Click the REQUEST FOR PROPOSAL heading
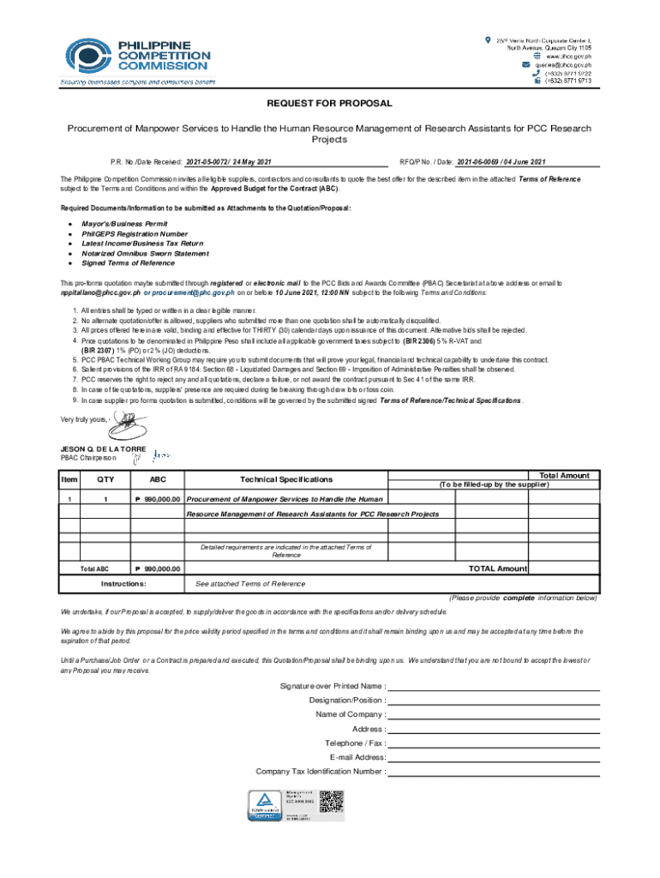pos(329,104)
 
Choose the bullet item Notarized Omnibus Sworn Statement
pos(145,253)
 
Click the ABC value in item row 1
pos(156,499)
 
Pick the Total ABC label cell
pos(94,568)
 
